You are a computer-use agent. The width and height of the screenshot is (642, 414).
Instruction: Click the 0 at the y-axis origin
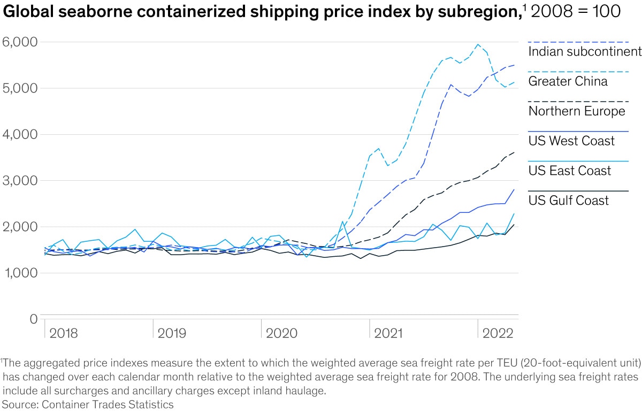tap(33, 319)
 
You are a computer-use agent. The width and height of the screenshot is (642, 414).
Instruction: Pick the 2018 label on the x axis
tap(63, 333)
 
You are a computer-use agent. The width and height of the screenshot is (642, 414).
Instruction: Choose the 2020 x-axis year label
tap(281, 333)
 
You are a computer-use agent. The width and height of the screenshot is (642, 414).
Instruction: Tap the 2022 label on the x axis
tap(498, 333)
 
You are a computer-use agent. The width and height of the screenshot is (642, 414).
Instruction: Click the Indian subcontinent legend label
tap(584, 51)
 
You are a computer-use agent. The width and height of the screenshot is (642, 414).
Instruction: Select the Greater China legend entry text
tap(568, 81)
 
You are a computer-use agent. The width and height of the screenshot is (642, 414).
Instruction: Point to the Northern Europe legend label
tap(577, 111)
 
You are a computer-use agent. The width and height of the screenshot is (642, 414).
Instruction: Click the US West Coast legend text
tap(571, 141)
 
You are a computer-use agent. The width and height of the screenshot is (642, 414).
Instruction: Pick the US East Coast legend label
tap(569, 171)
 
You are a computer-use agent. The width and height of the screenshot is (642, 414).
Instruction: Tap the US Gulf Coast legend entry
tap(569, 201)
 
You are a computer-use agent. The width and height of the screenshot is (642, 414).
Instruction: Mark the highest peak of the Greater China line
tap(478, 44)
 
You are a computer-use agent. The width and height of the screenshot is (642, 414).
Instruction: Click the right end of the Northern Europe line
tap(515, 152)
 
